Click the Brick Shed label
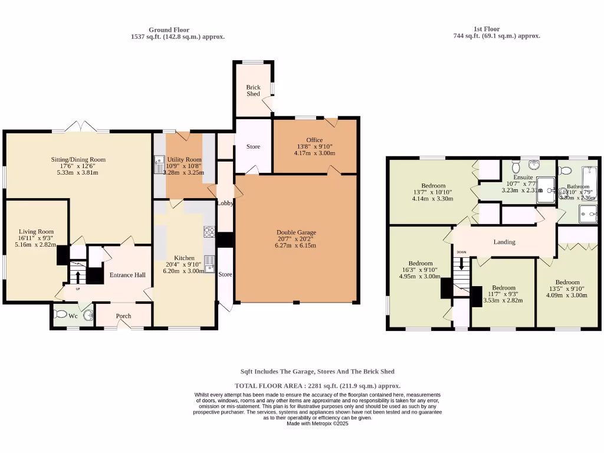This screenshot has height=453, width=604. [x=253, y=90]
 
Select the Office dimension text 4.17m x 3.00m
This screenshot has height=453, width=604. [x=314, y=153]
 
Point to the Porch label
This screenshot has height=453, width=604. [x=123, y=316]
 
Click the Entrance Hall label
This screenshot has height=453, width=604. [x=127, y=275]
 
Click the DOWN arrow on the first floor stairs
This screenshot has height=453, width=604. [x=461, y=262]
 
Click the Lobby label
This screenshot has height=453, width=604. [x=225, y=203]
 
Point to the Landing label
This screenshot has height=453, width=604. [x=504, y=242]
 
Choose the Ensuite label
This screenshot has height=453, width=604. [x=523, y=177]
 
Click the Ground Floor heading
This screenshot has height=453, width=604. [x=169, y=29]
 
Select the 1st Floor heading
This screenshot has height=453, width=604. [x=487, y=28]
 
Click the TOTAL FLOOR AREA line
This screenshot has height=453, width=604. [x=317, y=386]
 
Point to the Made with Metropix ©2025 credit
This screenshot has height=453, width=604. [x=317, y=424]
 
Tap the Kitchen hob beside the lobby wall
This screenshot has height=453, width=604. [x=209, y=232]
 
